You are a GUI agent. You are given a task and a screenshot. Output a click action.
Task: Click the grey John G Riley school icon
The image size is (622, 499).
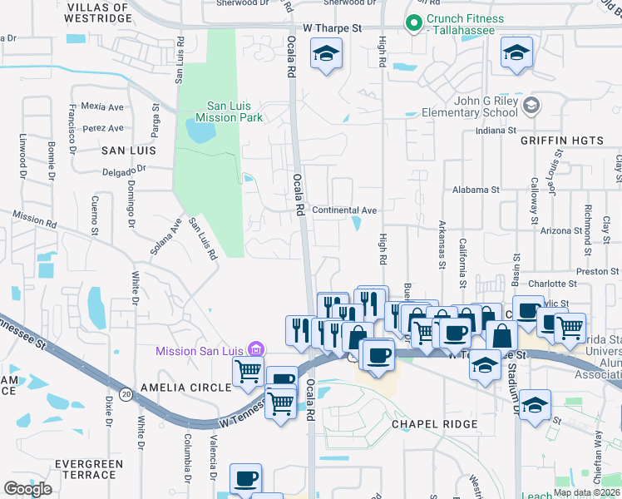533,106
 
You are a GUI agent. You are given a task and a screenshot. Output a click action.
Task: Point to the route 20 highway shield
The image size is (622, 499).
126,393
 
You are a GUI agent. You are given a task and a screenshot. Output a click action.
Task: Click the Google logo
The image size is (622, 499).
27,488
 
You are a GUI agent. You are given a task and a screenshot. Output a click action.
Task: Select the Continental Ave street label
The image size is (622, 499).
344,210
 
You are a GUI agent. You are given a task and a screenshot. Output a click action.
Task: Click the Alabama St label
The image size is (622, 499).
476,190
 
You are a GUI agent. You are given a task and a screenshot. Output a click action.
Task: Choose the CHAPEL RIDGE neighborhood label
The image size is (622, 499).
435,424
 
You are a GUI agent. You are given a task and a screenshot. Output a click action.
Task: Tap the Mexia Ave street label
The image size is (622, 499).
102,107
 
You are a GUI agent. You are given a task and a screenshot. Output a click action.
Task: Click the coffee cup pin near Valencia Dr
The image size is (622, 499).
246,479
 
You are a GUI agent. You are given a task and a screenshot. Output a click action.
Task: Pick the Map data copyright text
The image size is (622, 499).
586,492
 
